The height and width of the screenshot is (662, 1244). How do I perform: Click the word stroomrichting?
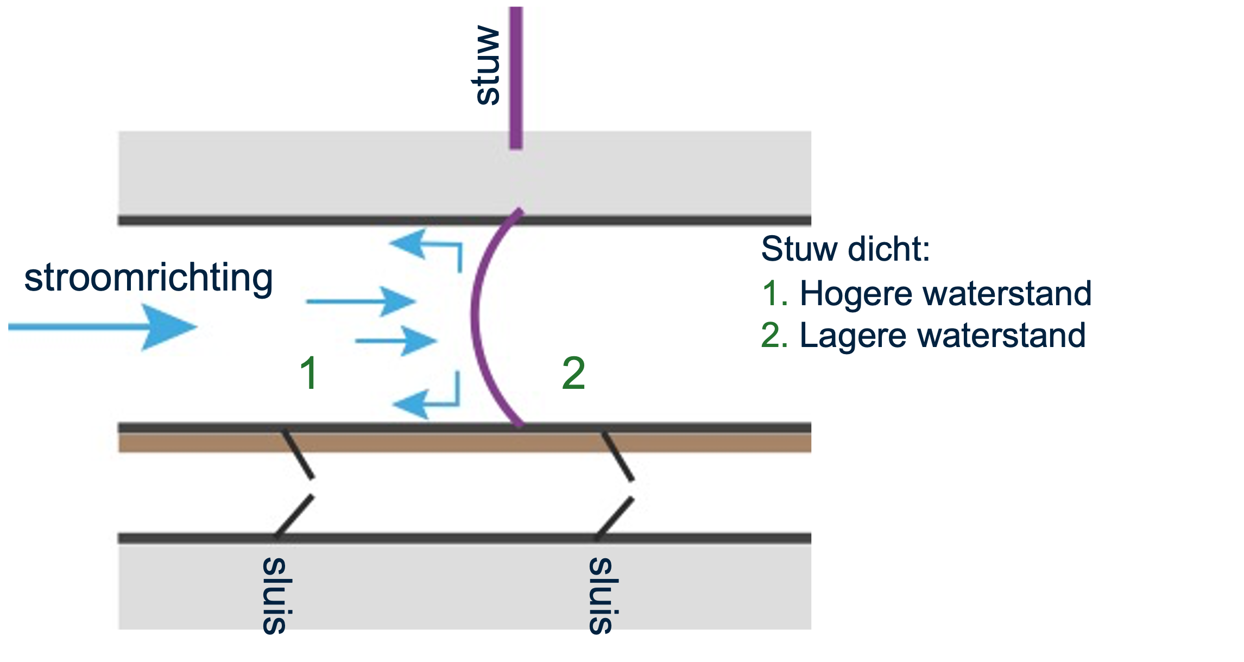coord(148,278)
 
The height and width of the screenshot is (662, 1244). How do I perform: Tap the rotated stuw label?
coord(486,65)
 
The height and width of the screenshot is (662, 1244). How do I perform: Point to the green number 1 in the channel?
coord(309,373)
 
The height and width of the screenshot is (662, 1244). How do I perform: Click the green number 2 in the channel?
coord(573,373)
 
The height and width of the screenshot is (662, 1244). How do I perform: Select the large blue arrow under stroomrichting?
coord(103,327)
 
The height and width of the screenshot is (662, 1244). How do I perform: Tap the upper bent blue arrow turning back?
coord(429,247)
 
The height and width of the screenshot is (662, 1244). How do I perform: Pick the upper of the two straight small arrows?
coord(361,301)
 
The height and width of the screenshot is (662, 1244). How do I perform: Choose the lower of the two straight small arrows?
coord(396,341)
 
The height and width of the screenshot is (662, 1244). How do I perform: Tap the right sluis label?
coord(602,595)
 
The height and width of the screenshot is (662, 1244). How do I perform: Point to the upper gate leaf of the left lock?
coord(298,455)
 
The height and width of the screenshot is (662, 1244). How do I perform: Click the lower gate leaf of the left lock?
coord(294,516)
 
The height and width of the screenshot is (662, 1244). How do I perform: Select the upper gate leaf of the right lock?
coord(618,456)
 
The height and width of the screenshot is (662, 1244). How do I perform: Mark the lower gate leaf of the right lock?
coord(615,518)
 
